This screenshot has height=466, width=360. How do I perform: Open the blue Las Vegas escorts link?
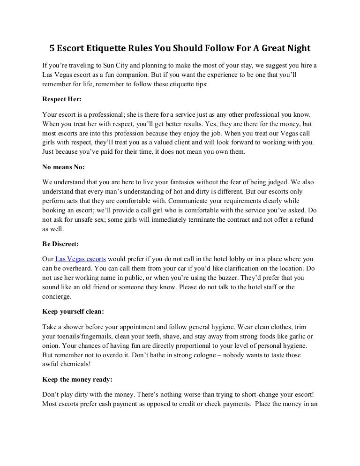[x=81, y=259]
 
